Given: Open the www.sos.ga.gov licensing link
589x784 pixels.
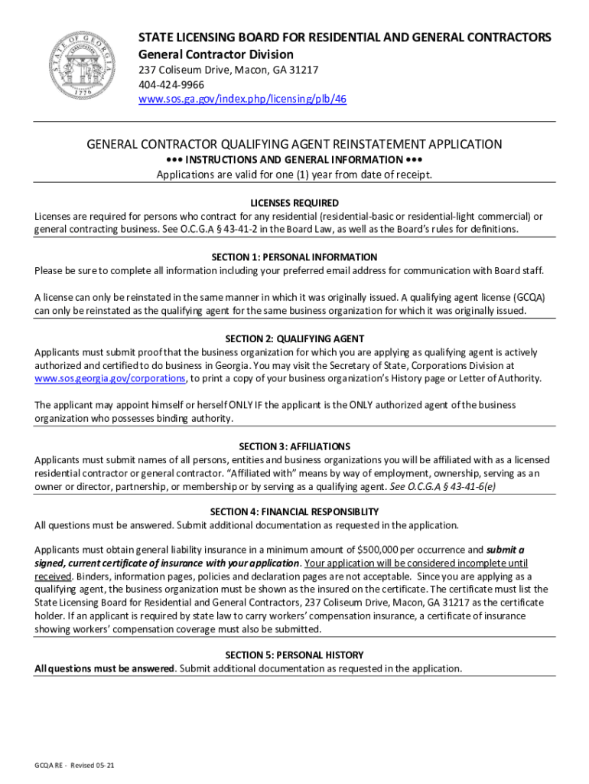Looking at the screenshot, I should [x=242, y=100].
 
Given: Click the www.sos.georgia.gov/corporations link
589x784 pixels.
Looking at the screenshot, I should [x=109, y=378].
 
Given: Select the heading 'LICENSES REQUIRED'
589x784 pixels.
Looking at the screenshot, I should [x=294, y=203].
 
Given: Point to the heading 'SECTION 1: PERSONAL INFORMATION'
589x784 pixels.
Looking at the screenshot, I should [x=294, y=257].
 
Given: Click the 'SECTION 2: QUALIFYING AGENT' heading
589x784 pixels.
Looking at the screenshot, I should [x=294, y=338].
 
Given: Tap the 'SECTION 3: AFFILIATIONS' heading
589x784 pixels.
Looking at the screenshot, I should [x=294, y=446].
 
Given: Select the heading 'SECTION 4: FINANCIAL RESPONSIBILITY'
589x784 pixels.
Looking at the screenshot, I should [x=294, y=511].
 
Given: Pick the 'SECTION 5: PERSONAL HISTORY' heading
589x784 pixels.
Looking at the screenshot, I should [x=294, y=655].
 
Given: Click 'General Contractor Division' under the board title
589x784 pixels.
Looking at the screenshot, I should [x=216, y=54].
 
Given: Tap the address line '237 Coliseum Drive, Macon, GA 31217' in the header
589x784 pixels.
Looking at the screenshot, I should [x=228, y=70].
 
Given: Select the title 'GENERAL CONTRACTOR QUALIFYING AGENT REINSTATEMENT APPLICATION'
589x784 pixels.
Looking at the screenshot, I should [x=294, y=144].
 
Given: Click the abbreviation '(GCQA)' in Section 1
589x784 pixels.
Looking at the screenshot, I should [x=529, y=298].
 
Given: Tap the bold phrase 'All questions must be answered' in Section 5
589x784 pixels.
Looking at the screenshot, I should [x=105, y=668].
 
